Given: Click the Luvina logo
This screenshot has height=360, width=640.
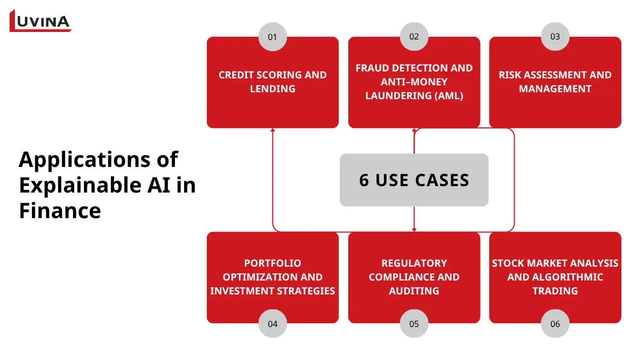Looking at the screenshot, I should click(40, 21).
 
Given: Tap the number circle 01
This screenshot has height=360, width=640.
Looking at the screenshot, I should click(273, 37).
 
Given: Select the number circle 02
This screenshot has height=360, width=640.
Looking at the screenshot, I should click(414, 37).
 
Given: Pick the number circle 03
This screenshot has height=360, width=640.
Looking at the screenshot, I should click(555, 37).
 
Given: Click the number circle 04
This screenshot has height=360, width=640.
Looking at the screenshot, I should click(273, 323).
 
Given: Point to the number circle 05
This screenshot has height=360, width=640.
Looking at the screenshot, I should click(414, 323).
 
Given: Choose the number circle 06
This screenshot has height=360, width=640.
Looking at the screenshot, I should click(555, 323).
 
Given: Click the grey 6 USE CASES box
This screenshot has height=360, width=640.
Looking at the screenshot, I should click(414, 180).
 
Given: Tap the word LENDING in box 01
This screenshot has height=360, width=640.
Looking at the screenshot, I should click(273, 89).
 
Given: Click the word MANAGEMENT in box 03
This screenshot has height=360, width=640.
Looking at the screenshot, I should click(555, 89).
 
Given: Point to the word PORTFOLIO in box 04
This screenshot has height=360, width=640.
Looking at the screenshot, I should click(273, 263).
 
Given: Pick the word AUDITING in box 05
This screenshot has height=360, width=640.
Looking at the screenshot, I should click(414, 291).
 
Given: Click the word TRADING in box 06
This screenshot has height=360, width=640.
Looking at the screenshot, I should click(555, 291).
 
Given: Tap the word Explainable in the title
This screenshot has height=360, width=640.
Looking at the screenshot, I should click(80, 185).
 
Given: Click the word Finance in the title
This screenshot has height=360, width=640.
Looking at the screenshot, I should click(60, 211).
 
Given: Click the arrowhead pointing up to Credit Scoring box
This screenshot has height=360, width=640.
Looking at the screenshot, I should click(273, 130).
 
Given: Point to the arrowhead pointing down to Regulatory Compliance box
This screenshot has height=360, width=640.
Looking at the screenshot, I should click(414, 230).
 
